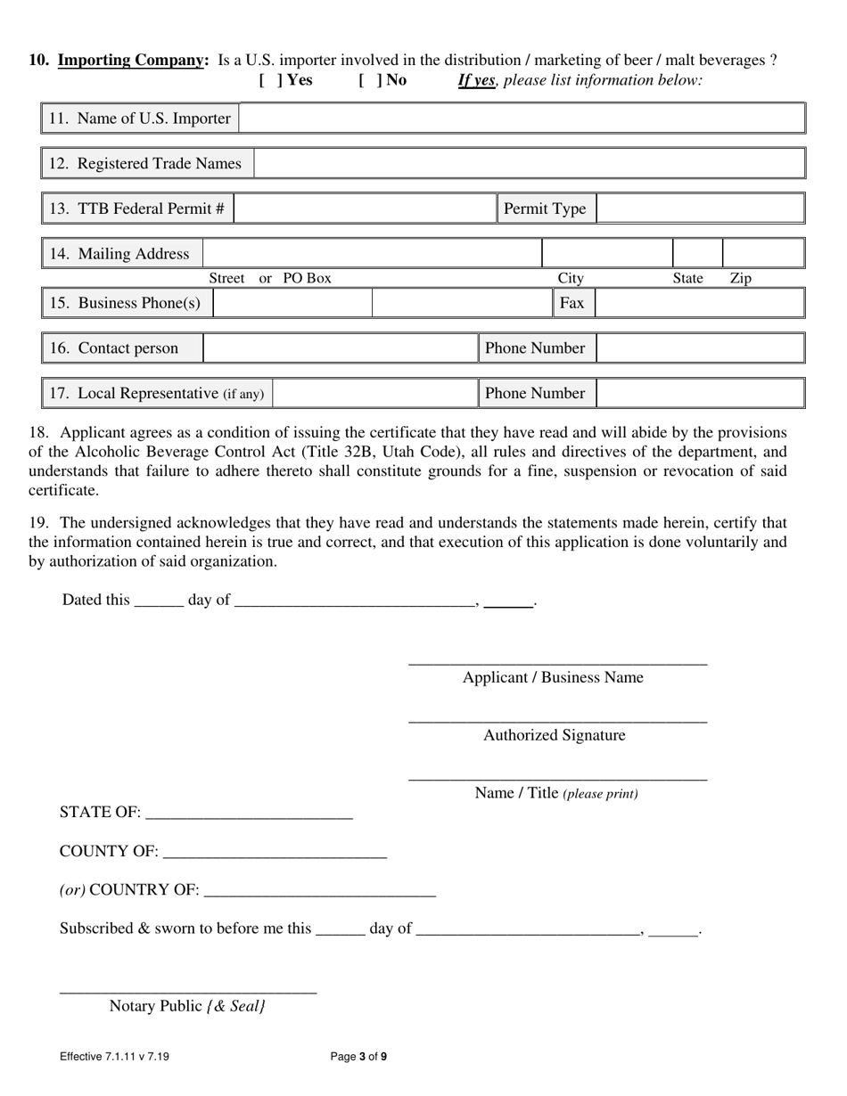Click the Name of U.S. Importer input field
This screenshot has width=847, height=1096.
pyautogui.click(x=522, y=119)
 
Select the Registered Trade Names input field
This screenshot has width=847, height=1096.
pyautogui.click(x=530, y=164)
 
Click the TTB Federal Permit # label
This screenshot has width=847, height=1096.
pyautogui.click(x=137, y=209)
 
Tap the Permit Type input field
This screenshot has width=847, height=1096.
pyautogui.click(x=700, y=209)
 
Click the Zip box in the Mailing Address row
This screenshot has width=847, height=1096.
pyautogui.click(x=762, y=254)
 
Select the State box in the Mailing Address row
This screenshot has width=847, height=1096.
pyautogui.click(x=697, y=254)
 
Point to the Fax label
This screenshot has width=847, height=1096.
pyautogui.click(x=572, y=303)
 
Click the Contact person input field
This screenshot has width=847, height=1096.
pyautogui.click(x=341, y=348)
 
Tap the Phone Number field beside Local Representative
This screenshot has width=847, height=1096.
pyautogui.click(x=700, y=393)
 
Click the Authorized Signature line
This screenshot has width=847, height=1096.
pyautogui.click(x=557, y=718)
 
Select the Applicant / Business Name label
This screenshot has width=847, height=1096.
pyautogui.click(x=553, y=678)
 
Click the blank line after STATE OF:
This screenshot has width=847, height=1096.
pyautogui.click(x=249, y=814)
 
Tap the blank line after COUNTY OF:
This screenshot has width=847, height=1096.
pyautogui.click(x=275, y=854)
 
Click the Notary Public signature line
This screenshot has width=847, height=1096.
pyautogui.click(x=188, y=988)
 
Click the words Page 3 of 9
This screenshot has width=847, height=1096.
pyautogui.click(x=358, y=1058)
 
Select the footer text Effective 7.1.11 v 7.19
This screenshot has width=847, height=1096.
pyautogui.click(x=114, y=1058)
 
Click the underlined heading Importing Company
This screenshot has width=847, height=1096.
pyautogui.click(x=132, y=61)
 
